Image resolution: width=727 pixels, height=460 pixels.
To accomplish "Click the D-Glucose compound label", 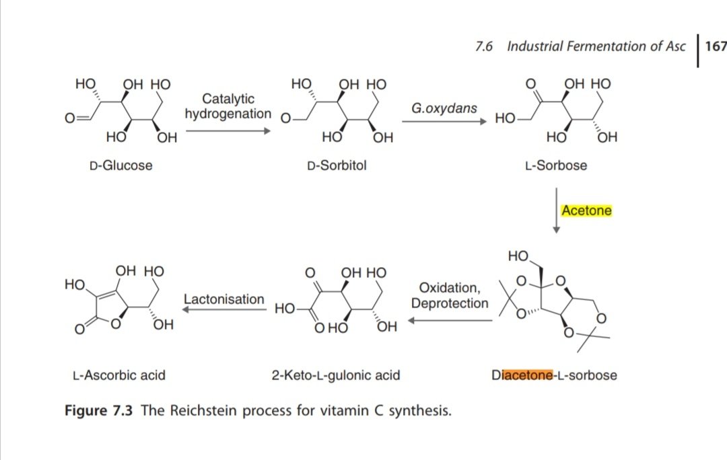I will point(121,165).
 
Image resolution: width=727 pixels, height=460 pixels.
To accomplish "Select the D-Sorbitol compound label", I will point(337,165).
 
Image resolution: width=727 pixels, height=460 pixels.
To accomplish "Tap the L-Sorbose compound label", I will point(555,165).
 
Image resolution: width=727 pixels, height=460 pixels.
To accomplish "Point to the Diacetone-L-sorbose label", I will point(554,375).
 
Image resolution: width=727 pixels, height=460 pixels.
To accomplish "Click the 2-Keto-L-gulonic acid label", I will point(336,375).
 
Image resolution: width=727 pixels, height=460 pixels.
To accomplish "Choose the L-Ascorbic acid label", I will point(118,375).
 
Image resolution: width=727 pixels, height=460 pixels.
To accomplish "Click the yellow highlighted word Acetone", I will point(586,210).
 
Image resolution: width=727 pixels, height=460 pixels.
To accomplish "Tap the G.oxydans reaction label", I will point(444,108).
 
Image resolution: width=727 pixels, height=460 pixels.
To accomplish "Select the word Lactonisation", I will point(224,299).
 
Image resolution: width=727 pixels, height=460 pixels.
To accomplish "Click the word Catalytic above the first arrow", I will point(228,100).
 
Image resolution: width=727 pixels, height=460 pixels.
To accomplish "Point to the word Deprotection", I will point(450,303).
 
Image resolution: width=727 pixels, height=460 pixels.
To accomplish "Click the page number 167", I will point(715,46).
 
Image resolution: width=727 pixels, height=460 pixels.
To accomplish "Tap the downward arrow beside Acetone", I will point(557,210).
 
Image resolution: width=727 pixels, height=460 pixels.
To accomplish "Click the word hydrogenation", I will point(228,114).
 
